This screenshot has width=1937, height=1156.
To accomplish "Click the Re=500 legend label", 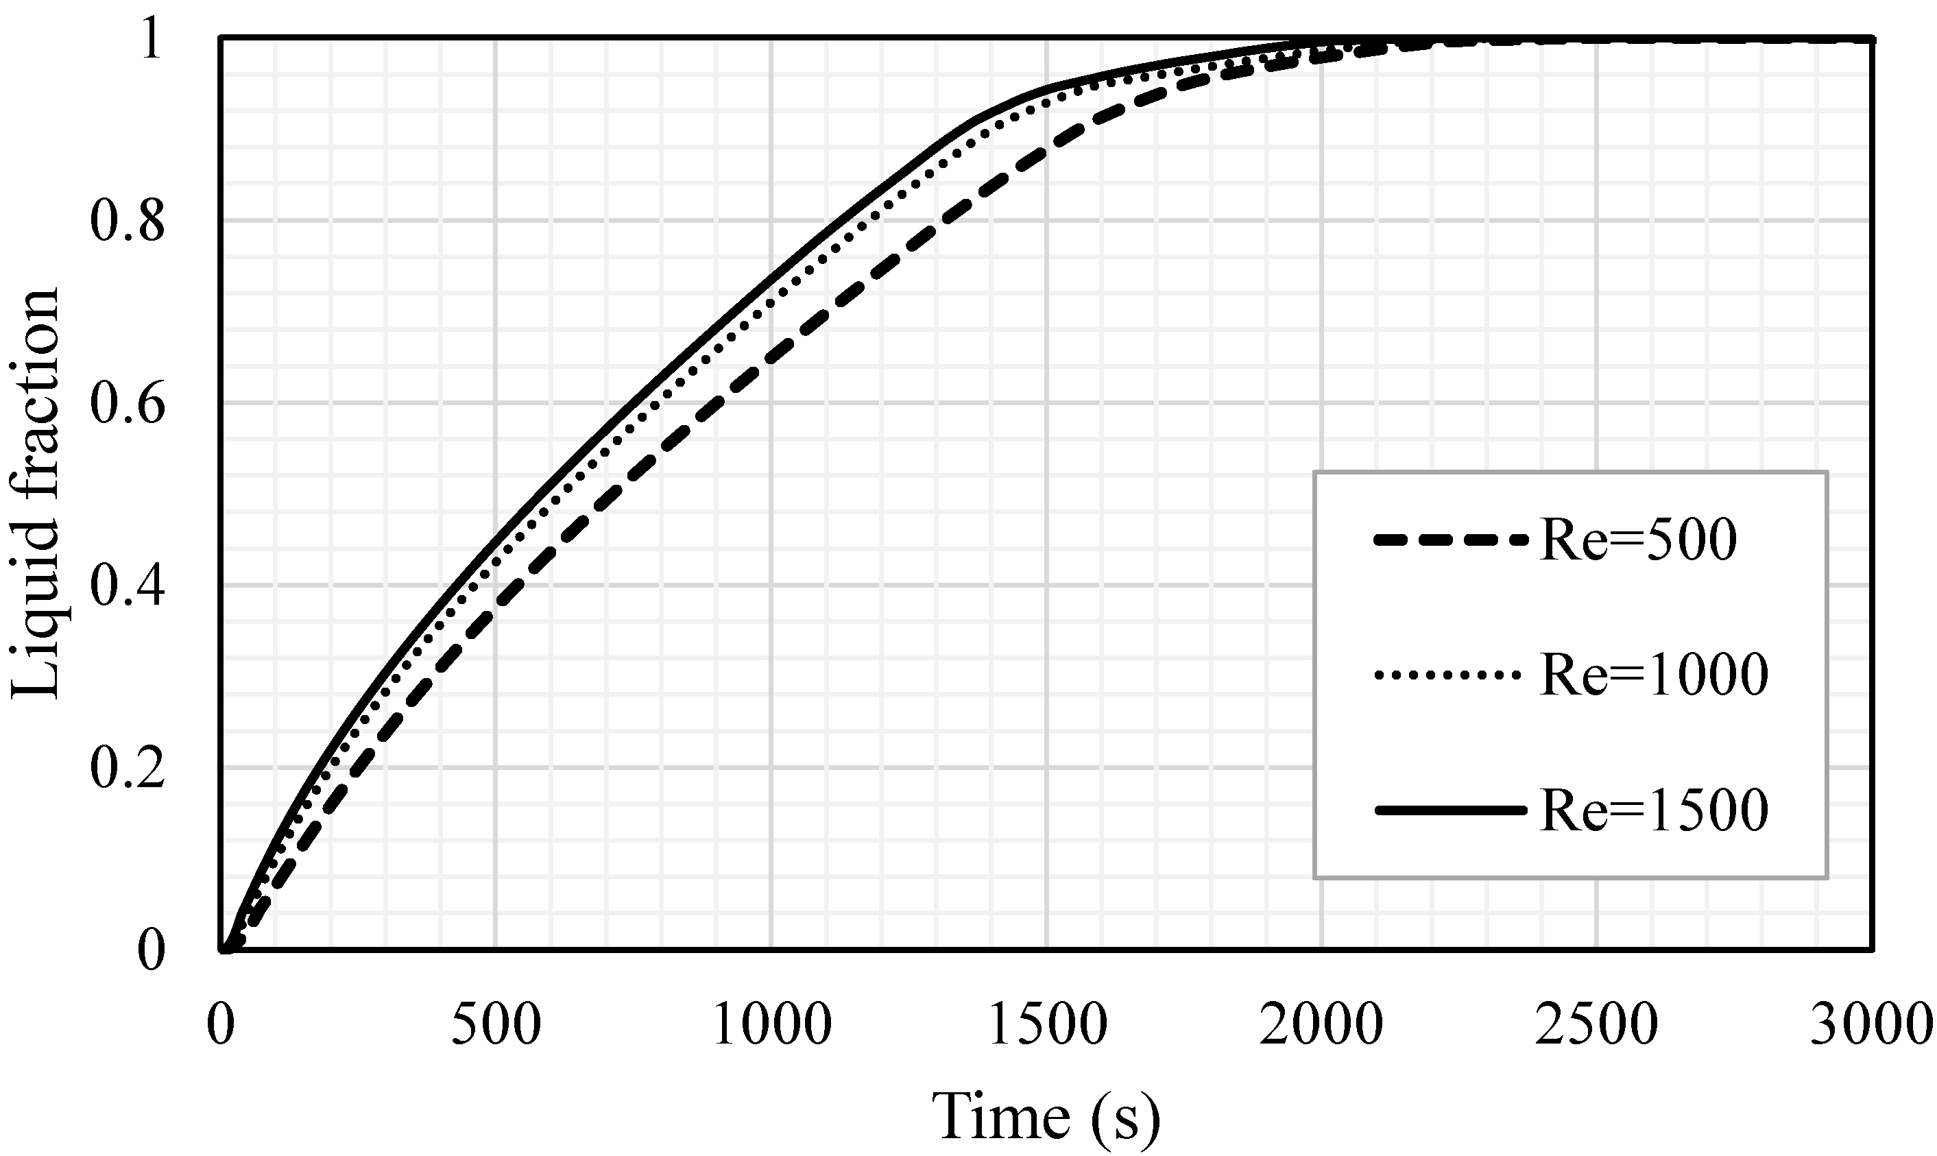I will pyautogui.click(x=1637, y=539).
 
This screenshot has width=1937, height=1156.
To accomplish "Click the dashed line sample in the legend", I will pyautogui.click(x=1450, y=539).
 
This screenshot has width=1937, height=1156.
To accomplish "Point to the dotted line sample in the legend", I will pyautogui.click(x=1450, y=675).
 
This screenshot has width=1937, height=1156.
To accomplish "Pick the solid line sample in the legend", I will pyautogui.click(x=1450, y=811).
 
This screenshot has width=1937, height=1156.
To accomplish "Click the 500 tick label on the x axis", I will pyautogui.click(x=496, y=1025).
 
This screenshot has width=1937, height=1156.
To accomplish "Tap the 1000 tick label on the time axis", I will pyautogui.click(x=772, y=1025).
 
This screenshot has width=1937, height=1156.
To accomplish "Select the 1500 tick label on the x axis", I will pyautogui.click(x=1048, y=1025).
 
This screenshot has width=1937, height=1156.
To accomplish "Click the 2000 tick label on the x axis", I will pyautogui.click(x=1322, y=1025).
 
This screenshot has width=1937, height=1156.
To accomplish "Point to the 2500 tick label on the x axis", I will pyautogui.click(x=1597, y=1025).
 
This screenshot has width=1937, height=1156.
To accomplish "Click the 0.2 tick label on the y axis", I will pyautogui.click(x=128, y=768).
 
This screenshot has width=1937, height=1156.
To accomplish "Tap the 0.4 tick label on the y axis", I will pyautogui.click(x=128, y=586).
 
